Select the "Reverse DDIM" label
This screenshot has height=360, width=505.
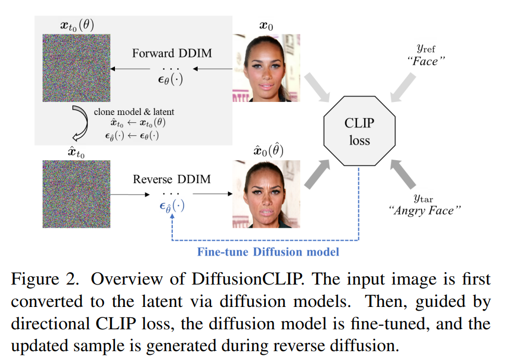point(172,179)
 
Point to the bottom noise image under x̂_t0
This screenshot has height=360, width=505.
point(76,194)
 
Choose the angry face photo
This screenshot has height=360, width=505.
point(266,194)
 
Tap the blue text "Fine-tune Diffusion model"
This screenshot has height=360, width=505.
point(268,252)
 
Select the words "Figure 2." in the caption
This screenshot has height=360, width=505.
point(45,279)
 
